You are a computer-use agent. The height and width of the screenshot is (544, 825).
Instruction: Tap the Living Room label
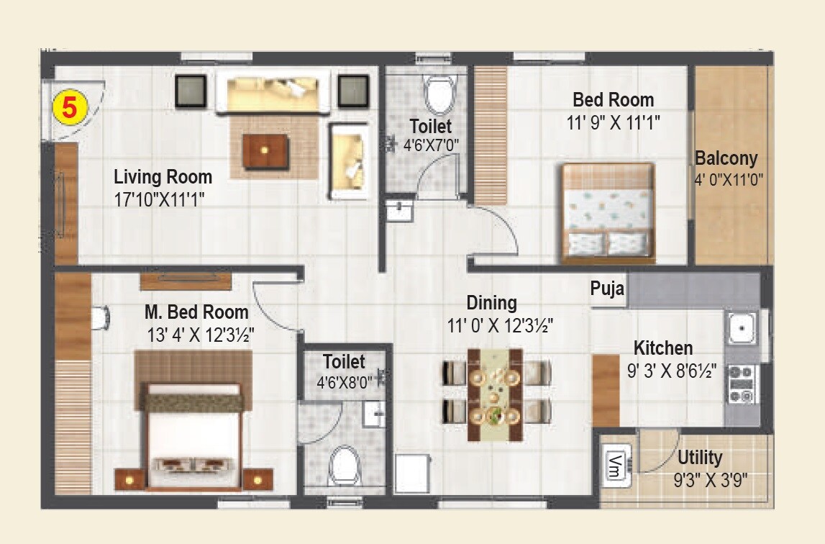(163, 177)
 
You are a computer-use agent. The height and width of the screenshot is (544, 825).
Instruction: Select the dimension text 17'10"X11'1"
(160, 199)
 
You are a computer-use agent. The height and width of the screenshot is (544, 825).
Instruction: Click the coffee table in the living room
(266, 150)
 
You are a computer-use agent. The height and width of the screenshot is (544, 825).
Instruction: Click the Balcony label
(726, 158)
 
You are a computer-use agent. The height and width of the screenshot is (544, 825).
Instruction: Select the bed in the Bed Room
(608, 213)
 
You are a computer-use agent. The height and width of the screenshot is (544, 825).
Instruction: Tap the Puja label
(607, 289)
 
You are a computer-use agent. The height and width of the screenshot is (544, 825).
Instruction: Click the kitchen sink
(741, 329)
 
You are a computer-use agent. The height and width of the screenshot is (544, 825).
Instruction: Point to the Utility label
(700, 458)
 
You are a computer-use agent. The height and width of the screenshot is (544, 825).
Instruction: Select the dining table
(495, 395)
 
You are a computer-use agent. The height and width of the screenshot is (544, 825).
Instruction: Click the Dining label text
(491, 302)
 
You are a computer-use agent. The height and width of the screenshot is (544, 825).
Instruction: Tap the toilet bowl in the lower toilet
(345, 466)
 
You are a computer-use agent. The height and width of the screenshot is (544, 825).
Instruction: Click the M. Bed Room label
(196, 312)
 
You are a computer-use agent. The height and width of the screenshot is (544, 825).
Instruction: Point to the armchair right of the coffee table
(349, 160)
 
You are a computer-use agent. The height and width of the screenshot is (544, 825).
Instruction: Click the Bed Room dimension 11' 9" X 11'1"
(614, 122)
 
